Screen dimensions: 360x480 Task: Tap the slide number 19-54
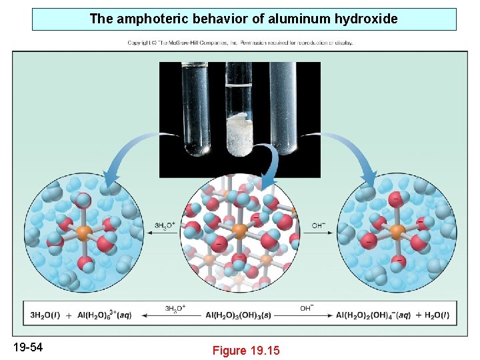28,346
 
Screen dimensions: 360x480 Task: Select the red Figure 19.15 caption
246,350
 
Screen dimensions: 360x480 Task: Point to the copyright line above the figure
240,43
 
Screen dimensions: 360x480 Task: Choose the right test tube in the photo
285,107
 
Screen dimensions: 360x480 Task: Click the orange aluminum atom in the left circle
84,232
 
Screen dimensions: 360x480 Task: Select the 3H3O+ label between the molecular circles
165,225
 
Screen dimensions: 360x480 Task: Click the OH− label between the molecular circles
319,225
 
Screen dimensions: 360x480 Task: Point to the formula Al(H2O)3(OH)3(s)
242,315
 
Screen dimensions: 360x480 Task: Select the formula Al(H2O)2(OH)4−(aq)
373,315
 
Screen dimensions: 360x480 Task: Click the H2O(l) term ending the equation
433,315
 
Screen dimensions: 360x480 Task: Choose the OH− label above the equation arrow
307,308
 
